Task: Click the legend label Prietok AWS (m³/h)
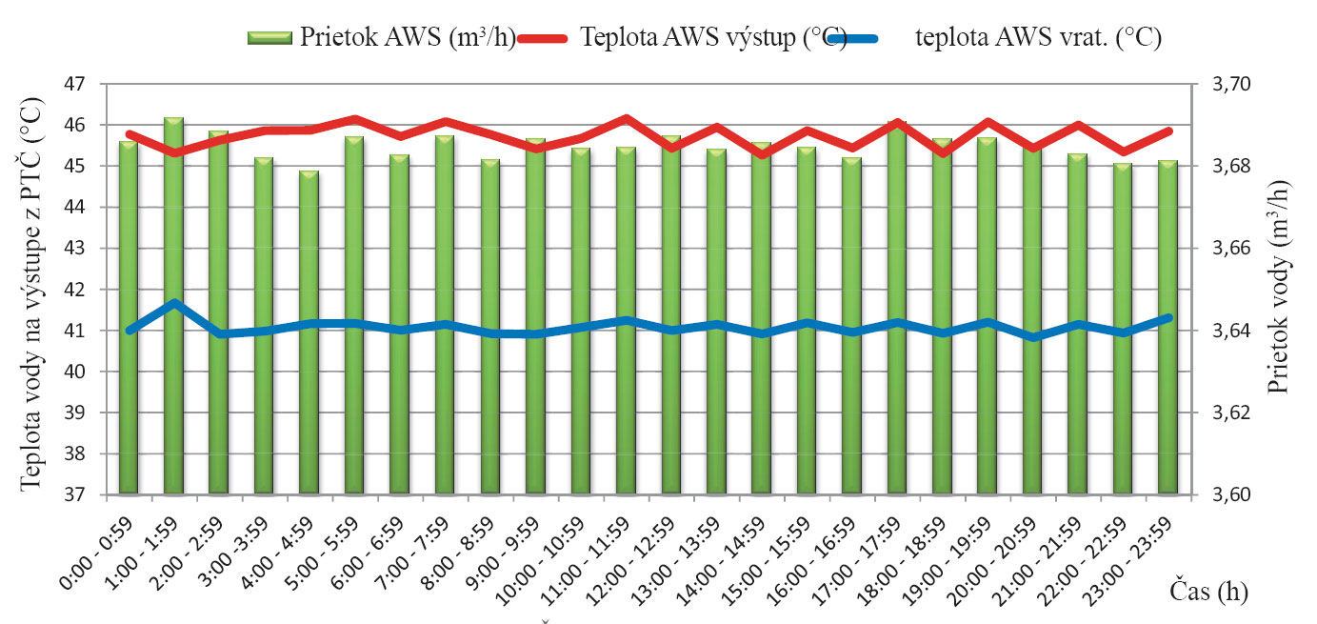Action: (x=409, y=38)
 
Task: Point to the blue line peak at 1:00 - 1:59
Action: (x=173, y=304)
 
